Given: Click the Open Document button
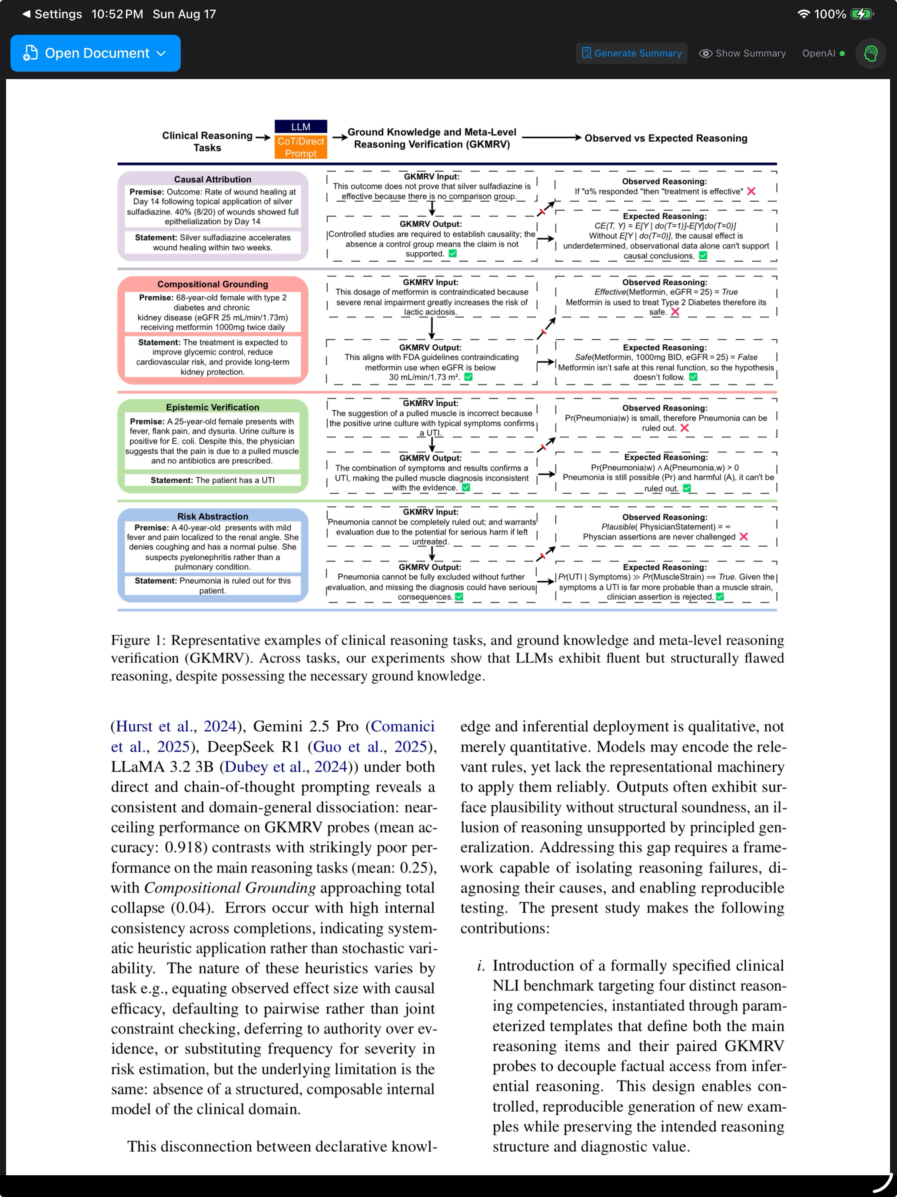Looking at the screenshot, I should tap(95, 53).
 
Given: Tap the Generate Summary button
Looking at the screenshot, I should tap(631, 53).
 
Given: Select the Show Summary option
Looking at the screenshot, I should tap(742, 53).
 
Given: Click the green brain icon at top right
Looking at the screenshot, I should tap(870, 53).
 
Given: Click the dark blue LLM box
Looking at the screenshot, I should tap(301, 127).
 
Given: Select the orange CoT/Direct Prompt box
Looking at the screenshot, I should tap(301, 147).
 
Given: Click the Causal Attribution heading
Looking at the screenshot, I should tap(213, 179).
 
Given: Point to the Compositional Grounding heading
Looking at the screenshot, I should tap(213, 284).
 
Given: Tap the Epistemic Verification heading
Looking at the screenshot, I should tap(213, 407).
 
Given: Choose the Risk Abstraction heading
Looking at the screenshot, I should tap(213, 516).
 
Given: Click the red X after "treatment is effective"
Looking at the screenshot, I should tap(751, 191).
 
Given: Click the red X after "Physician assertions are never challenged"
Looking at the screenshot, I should tap(744, 536).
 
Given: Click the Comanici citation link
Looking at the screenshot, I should tap(403, 726).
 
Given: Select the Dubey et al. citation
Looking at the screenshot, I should tap(286, 767).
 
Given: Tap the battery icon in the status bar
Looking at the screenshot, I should tap(861, 14).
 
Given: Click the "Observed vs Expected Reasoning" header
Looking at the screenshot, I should tap(666, 138).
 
